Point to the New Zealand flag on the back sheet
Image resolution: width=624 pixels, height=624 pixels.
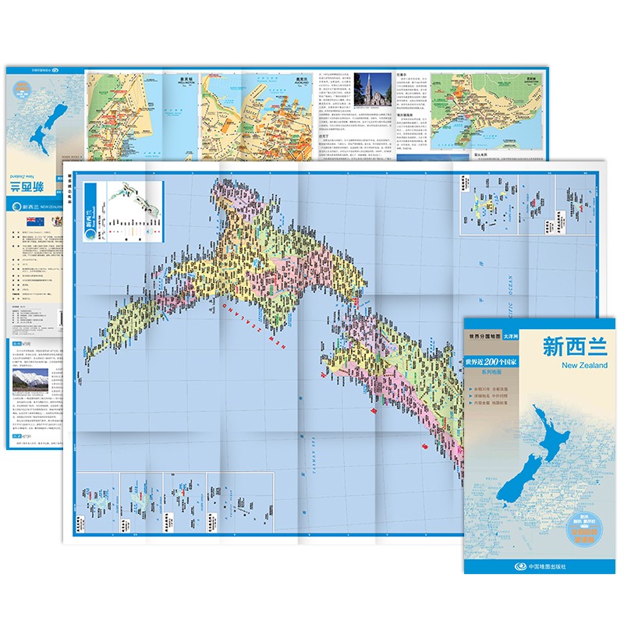pos(34,222)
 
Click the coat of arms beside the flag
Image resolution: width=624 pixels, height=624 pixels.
pos(54,222)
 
